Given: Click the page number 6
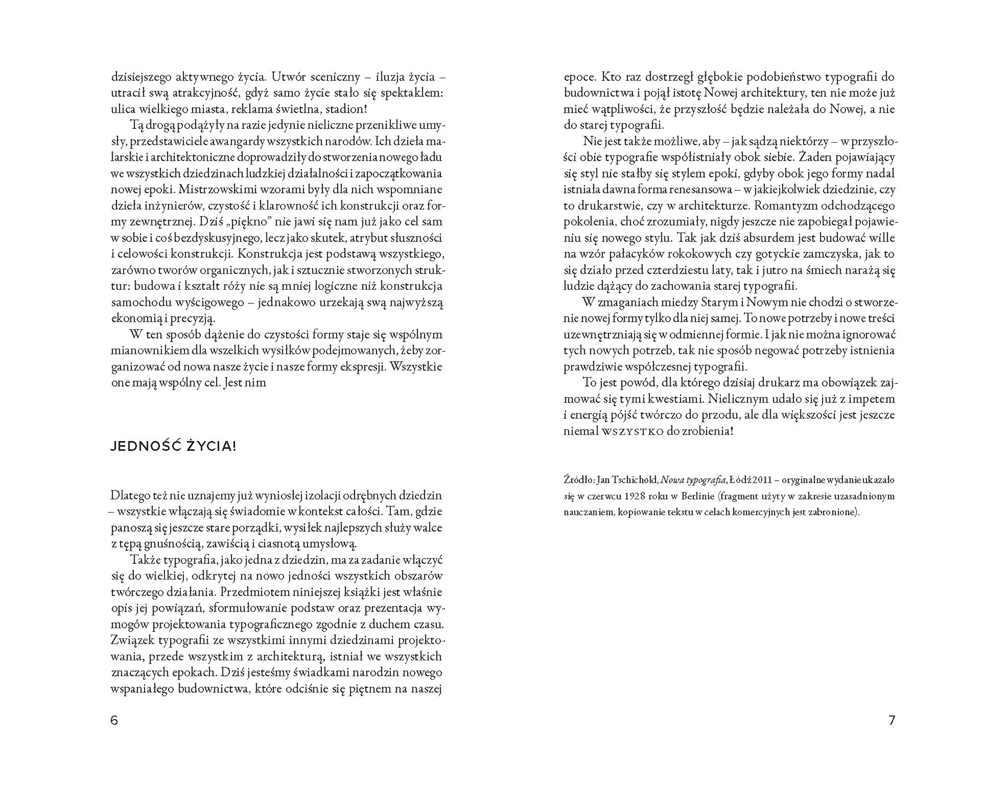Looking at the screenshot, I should tap(114, 721).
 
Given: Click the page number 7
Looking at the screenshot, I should tap(892, 721).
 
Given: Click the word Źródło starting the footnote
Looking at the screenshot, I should tap(578, 480).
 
